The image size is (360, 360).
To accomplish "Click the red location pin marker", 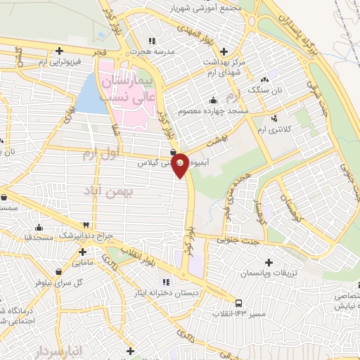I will click(x=180, y=165).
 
